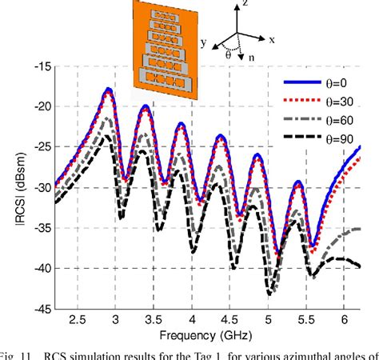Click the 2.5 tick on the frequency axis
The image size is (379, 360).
click(78, 320)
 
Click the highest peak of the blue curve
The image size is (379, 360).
click(108, 90)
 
